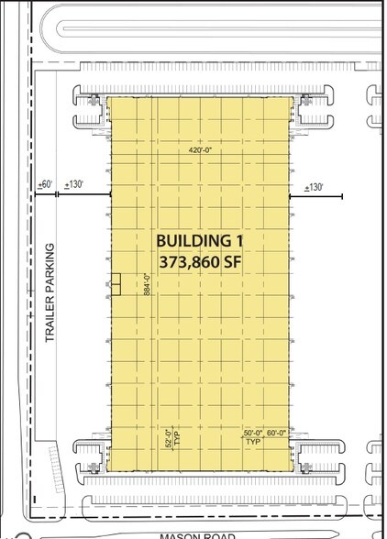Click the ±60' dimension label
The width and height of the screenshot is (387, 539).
point(44,185)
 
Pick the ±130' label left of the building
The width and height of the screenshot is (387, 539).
point(75,185)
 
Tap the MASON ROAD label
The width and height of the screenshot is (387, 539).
point(198,535)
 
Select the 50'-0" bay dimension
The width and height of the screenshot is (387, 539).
point(254,433)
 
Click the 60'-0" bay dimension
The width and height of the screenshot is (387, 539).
point(277,433)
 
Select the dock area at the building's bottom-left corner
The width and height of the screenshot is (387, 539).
point(91,457)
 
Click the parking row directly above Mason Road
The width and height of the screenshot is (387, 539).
point(211,503)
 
